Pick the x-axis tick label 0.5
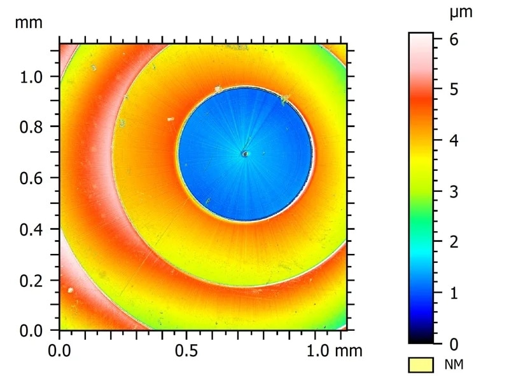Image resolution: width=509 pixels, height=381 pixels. pyautogui.click(x=187, y=350)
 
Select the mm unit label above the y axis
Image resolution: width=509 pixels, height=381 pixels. pyautogui.click(x=29, y=23)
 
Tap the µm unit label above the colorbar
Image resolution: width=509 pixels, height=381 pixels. pyautogui.click(x=461, y=13)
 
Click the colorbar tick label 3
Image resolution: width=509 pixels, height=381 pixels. pyautogui.click(x=454, y=191)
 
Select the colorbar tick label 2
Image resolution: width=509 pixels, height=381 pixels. pyautogui.click(x=454, y=242)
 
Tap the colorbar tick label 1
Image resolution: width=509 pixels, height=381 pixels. pyautogui.click(x=454, y=293)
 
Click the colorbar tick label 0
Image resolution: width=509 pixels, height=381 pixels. pyautogui.click(x=454, y=344)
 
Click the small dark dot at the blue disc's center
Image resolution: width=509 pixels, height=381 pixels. pyautogui.click(x=244, y=153)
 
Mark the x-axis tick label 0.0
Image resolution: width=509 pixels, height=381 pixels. pyautogui.click(x=60, y=350)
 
